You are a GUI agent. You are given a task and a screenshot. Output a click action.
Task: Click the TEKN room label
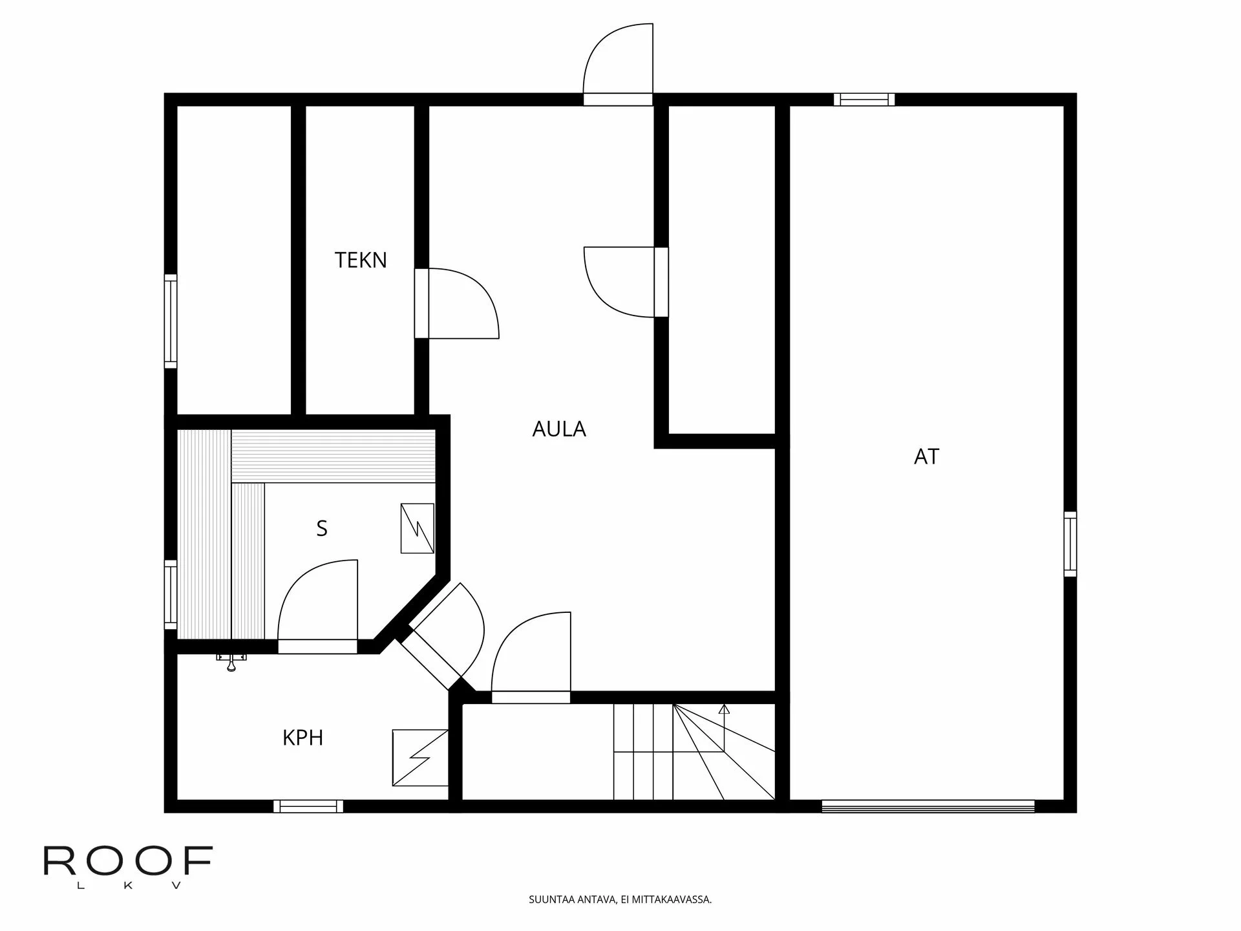point(361,260)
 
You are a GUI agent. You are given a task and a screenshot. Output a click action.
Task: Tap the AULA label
point(559,429)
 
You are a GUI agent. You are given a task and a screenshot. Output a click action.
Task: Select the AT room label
point(926,457)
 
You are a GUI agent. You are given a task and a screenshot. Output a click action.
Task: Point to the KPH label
point(302,738)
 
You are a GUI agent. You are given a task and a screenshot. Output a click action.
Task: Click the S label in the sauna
point(322,529)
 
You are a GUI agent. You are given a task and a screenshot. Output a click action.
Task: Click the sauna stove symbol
point(417,528)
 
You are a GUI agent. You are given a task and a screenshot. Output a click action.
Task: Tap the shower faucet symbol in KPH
point(231,661)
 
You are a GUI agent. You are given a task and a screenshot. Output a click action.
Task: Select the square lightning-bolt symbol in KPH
point(420,758)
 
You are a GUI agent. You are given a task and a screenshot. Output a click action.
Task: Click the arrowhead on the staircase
point(724,709)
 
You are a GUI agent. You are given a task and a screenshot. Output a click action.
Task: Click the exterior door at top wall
point(618,65)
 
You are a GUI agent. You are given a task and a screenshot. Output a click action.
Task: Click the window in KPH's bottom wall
point(308,806)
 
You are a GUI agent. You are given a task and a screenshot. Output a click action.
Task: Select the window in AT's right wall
point(1070,544)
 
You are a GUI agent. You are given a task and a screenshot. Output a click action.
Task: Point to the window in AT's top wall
point(864,100)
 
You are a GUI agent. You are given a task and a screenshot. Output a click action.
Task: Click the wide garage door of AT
point(928,806)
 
